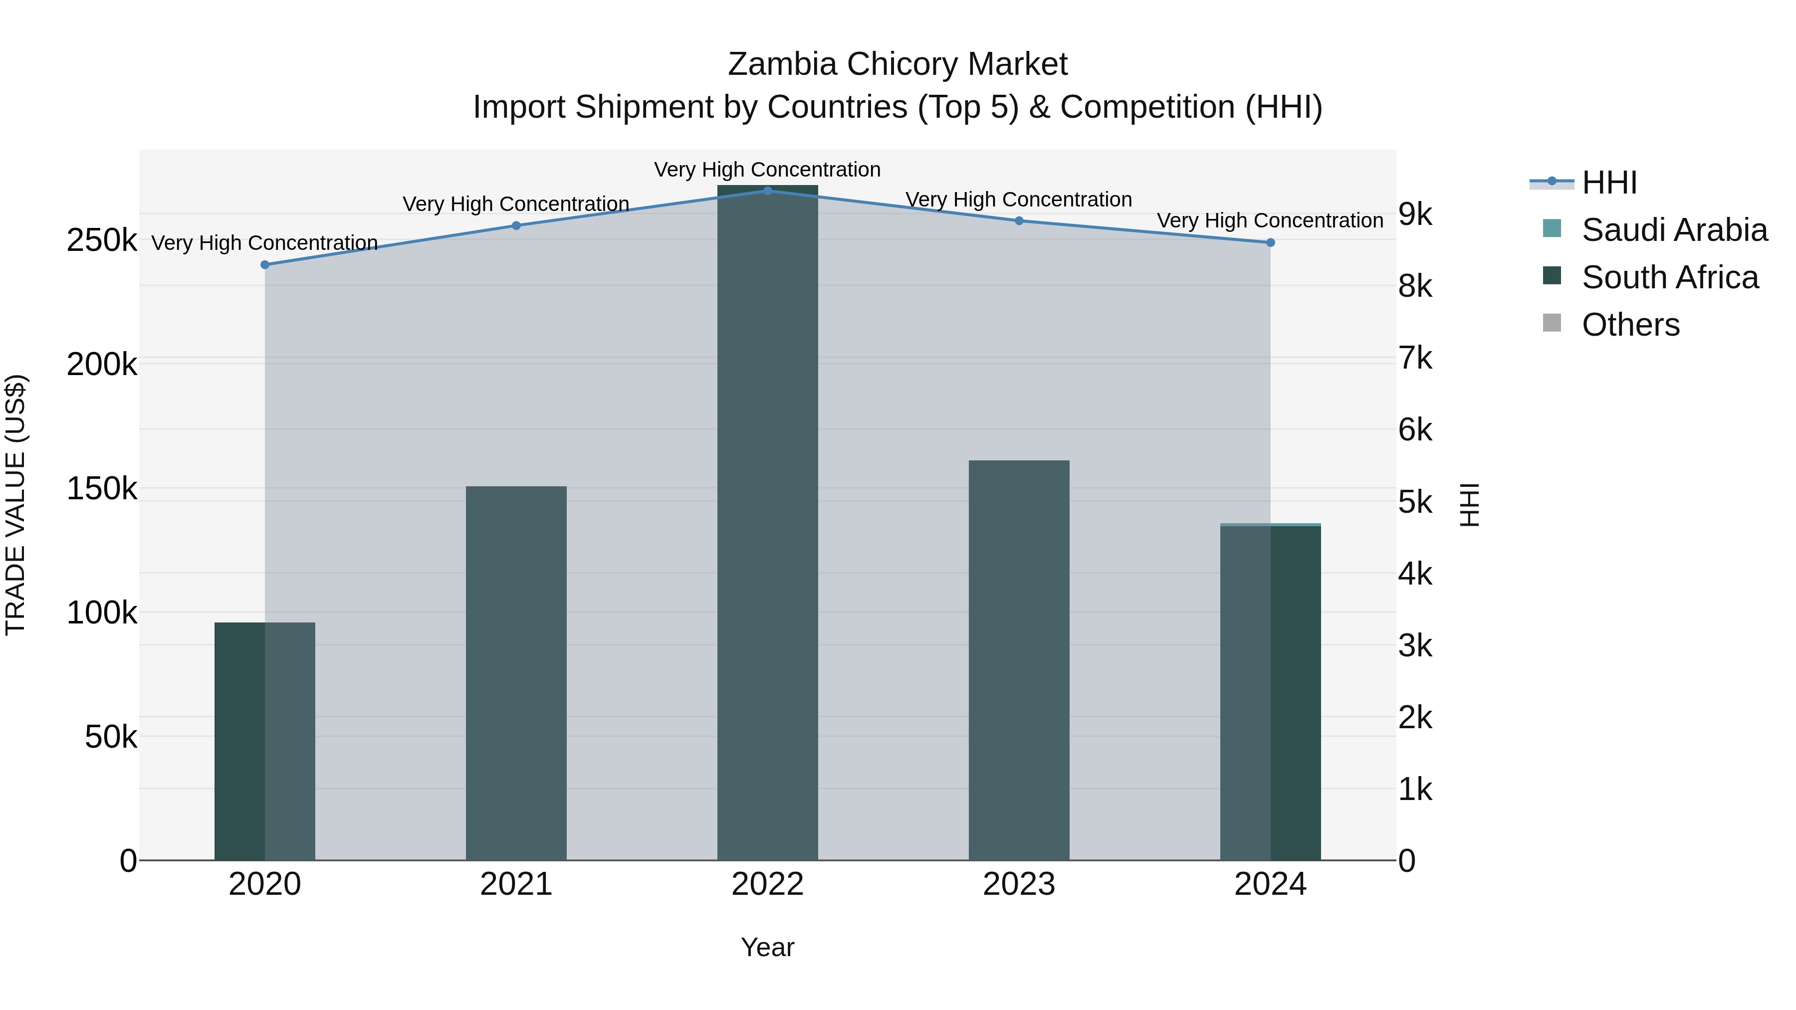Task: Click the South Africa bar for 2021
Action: pyautogui.click(x=516, y=673)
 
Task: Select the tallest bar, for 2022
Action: pyautogui.click(x=768, y=523)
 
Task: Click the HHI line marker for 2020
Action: pyautogui.click(x=265, y=265)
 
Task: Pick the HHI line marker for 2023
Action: pyautogui.click(x=1019, y=221)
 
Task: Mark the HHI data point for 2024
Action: pyautogui.click(x=1270, y=242)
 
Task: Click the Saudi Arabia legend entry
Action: pyautogui.click(x=1674, y=230)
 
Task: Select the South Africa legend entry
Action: pyautogui.click(x=1670, y=277)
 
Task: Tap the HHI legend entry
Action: pyautogui.click(x=1609, y=183)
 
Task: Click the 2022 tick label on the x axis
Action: pyautogui.click(x=768, y=884)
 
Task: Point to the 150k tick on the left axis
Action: pyautogui.click(x=102, y=489)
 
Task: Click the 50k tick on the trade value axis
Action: pyautogui.click(x=111, y=737)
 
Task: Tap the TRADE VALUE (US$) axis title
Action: pyautogui.click(x=15, y=505)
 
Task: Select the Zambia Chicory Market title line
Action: pyautogui.click(x=898, y=64)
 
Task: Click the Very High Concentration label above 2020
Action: pyautogui.click(x=265, y=242)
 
